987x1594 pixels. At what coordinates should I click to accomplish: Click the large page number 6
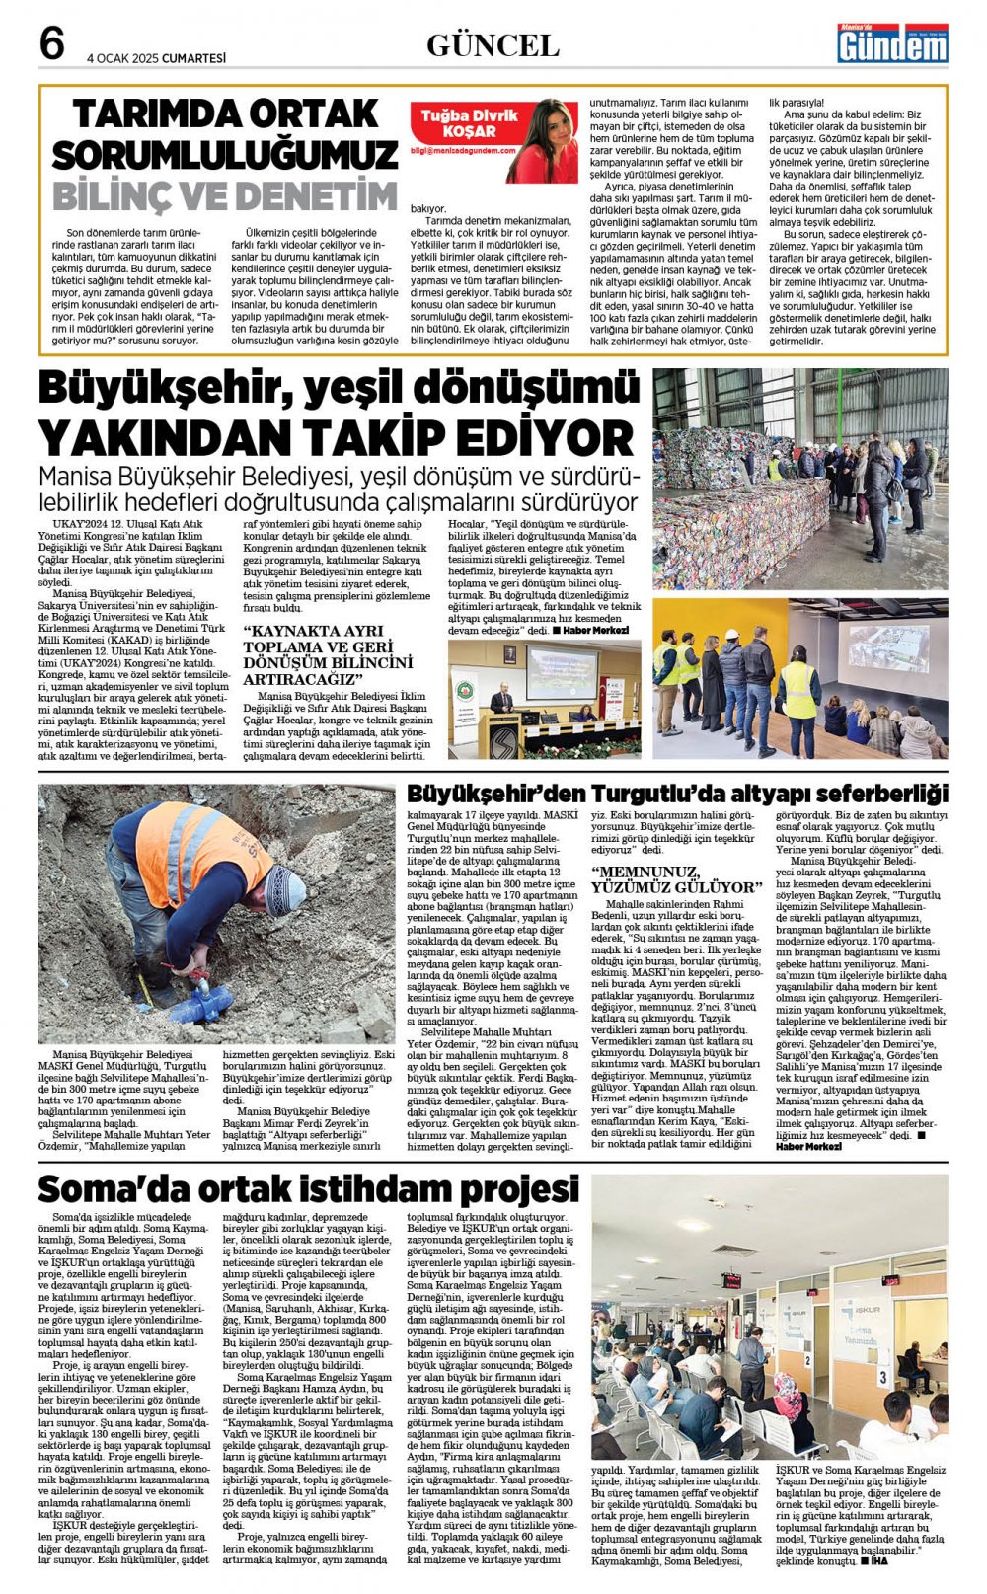point(52,43)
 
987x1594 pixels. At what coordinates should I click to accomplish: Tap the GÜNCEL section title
point(493,45)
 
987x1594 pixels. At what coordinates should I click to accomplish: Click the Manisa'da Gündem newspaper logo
point(892,43)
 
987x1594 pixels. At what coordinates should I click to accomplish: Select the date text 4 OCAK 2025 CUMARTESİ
point(156,58)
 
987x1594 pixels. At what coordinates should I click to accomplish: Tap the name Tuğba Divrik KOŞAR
point(469,122)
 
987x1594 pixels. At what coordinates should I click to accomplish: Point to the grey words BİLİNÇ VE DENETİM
point(224,194)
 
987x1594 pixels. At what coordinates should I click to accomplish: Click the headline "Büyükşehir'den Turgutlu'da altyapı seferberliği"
point(677,793)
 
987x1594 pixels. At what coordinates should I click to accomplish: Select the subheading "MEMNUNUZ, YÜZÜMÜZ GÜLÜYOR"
point(676,879)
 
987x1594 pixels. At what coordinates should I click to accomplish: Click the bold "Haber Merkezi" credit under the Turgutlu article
point(808,1146)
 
